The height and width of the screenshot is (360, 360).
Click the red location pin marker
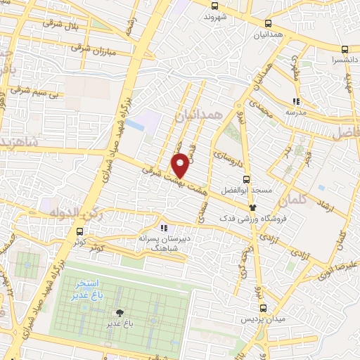click(181, 165)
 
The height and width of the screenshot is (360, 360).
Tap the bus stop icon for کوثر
click(79, 231)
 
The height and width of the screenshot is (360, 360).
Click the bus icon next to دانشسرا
click(345, 49)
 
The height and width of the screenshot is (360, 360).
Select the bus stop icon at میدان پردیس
click(263, 307)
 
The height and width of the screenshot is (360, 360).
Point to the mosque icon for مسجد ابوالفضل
click(253, 207)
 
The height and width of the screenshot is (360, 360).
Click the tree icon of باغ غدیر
click(120, 312)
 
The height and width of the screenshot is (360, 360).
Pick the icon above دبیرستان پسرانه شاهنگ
click(164, 228)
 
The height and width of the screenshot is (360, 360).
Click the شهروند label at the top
click(215, 15)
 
